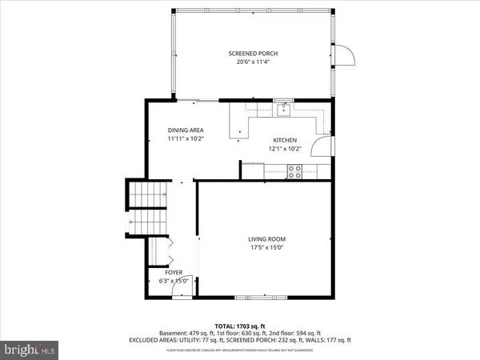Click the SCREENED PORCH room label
tap(253, 54)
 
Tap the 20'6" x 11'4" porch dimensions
tap(253, 62)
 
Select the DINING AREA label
tap(186, 130)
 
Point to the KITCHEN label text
tap(285, 139)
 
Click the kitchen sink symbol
tap(283, 110)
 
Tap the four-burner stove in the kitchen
tap(294, 170)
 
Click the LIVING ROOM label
tap(266, 239)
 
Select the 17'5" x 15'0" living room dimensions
tap(266, 248)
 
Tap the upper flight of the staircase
tap(150, 193)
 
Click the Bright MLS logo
tap(30, 350)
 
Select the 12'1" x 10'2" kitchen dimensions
tap(285, 148)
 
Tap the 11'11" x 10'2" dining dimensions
tap(186, 139)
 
